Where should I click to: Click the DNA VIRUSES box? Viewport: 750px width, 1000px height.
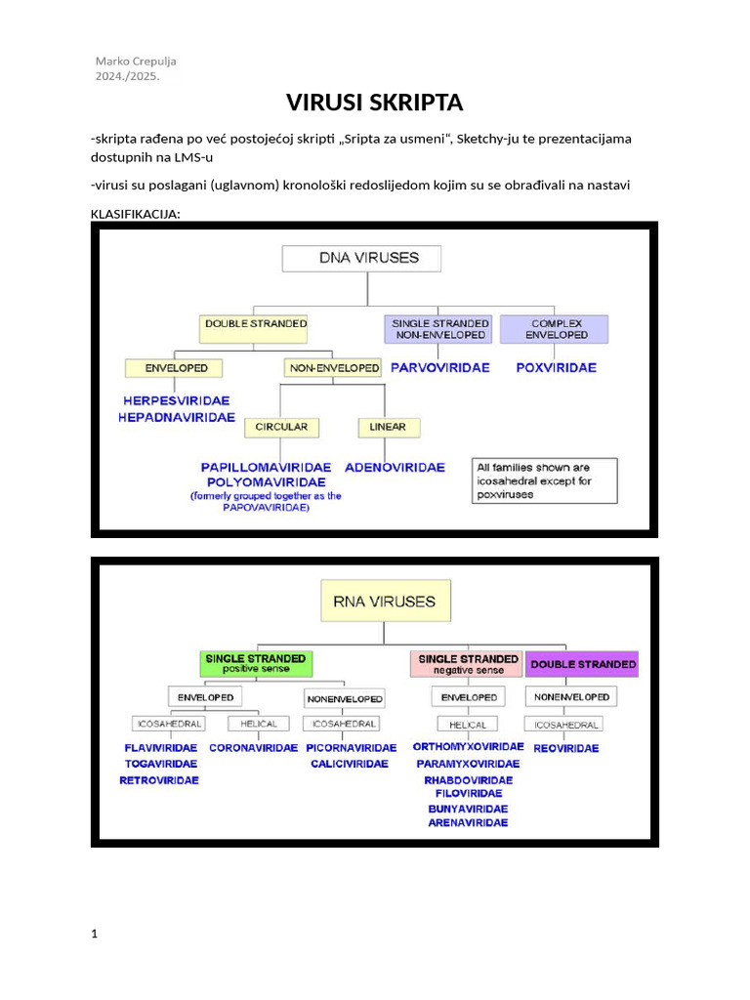coord(361,258)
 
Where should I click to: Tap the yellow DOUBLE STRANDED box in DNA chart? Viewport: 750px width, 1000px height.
coord(255,328)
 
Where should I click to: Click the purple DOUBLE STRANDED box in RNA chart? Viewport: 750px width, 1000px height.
coord(582,664)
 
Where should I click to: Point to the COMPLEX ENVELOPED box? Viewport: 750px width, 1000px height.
coord(555,328)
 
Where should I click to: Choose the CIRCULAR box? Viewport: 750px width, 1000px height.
coord(281,427)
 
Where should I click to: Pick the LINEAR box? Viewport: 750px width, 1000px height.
coord(389,427)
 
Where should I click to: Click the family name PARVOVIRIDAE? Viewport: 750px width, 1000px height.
coord(439,368)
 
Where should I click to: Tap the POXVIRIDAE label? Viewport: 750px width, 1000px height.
coord(557,368)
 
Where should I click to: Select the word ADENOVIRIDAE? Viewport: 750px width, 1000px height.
coord(395,467)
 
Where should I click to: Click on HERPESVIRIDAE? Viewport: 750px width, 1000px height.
coord(177,400)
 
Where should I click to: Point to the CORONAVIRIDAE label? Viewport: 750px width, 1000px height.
coord(253,748)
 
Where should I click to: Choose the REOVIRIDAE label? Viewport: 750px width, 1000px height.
coord(566,748)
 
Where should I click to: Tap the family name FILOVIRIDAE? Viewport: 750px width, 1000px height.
coord(468,794)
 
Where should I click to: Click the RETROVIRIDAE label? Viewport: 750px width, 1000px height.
coord(159,780)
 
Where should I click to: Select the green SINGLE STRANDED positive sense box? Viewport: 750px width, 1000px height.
coord(255,664)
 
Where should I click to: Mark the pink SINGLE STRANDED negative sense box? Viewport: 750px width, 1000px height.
coord(468,664)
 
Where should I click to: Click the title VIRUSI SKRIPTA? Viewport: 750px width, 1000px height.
coord(374,102)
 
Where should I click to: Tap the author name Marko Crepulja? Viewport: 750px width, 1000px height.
coord(136,61)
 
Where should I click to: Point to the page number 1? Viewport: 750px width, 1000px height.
coord(94,935)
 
